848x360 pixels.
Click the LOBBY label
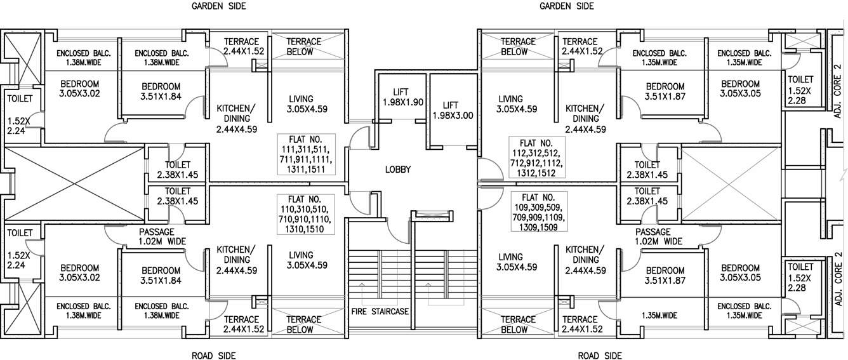(x=397, y=170)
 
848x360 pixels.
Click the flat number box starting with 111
(x=303, y=154)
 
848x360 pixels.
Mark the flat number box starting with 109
(x=538, y=212)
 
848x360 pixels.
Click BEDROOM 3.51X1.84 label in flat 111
(x=161, y=91)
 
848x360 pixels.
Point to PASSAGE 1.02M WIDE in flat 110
(x=162, y=237)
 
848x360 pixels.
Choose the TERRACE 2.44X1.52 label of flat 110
(x=241, y=324)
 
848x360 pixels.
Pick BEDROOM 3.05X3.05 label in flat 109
(x=740, y=273)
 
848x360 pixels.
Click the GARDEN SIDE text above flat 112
(x=566, y=6)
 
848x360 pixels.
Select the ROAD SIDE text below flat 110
(x=214, y=356)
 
